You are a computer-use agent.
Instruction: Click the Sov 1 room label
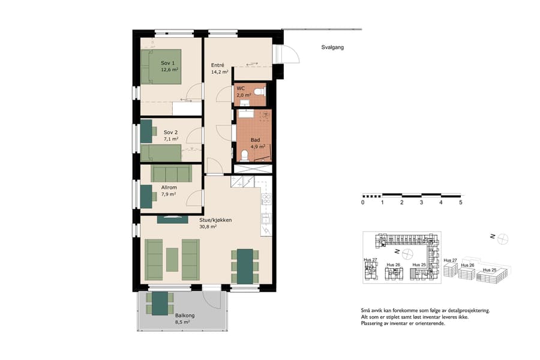click(x=168, y=63)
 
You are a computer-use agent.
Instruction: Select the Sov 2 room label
click(x=171, y=132)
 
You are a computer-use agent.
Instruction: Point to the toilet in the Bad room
click(x=244, y=156)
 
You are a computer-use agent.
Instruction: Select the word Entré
click(x=217, y=65)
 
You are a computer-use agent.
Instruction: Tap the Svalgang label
click(x=332, y=47)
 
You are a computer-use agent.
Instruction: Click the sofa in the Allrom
click(x=171, y=173)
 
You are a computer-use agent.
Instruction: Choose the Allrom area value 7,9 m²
click(x=169, y=194)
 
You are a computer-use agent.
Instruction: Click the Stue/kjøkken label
click(x=215, y=220)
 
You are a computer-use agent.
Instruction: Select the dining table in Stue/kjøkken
click(x=245, y=266)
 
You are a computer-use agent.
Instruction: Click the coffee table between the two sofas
click(x=173, y=258)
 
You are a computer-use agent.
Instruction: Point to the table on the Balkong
click(x=160, y=303)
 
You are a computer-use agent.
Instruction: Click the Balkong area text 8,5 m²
click(x=182, y=322)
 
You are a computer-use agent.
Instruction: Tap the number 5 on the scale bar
click(x=461, y=203)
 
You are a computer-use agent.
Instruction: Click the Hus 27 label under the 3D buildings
click(x=451, y=261)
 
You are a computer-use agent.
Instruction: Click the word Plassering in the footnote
click(x=373, y=323)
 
